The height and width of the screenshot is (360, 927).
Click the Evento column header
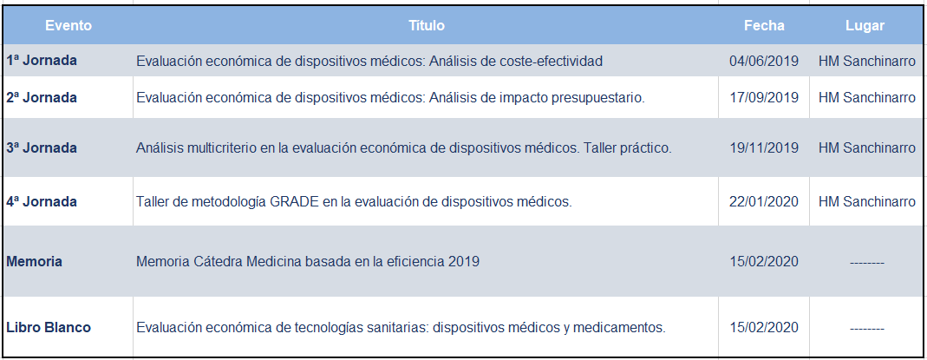pyautogui.click(x=69, y=26)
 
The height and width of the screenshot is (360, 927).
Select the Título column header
pyautogui.click(x=427, y=26)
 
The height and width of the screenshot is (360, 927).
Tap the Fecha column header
pyautogui.click(x=764, y=26)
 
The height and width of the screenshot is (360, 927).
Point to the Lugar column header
pyautogui.click(x=865, y=26)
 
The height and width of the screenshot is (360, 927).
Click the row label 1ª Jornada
pyautogui.click(x=42, y=61)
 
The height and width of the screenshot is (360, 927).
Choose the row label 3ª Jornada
pyautogui.click(x=42, y=147)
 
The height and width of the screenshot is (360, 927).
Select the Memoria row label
pyautogui.click(x=35, y=261)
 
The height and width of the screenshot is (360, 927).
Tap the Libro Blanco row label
pyautogui.click(x=49, y=327)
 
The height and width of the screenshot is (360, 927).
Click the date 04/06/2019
pyautogui.click(x=764, y=61)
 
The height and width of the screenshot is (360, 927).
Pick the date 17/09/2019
pyautogui.click(x=764, y=97)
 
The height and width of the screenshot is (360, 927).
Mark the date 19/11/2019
pyautogui.click(x=764, y=147)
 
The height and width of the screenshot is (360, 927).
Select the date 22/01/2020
pyautogui.click(x=764, y=201)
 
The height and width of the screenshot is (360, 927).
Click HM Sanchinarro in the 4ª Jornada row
pyautogui.click(x=867, y=201)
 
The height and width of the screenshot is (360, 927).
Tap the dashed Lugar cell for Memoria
pyautogui.click(x=866, y=262)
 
